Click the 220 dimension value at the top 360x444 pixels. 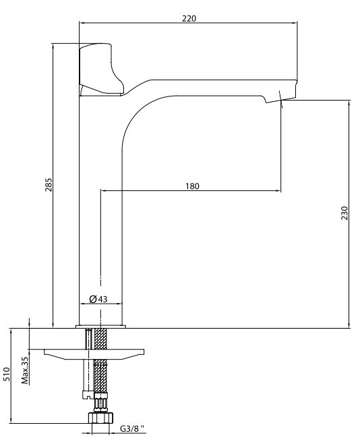[189, 18]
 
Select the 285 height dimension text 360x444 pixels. [49, 185]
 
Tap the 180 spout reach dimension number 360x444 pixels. [192, 186]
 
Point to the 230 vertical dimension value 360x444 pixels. [344, 213]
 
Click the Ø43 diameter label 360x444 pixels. [98, 299]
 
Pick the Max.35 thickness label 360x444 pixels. [26, 370]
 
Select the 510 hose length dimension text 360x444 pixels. [6, 374]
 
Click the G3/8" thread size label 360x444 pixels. [132, 429]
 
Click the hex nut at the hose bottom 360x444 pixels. [100, 417]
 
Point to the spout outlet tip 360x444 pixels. [280, 100]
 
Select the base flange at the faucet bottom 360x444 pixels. [100, 327]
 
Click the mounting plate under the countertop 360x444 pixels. [94, 354]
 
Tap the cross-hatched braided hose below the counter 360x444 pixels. [100, 360]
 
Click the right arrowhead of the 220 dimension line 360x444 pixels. [295, 23]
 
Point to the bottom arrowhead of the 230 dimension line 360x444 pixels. [349, 325]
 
